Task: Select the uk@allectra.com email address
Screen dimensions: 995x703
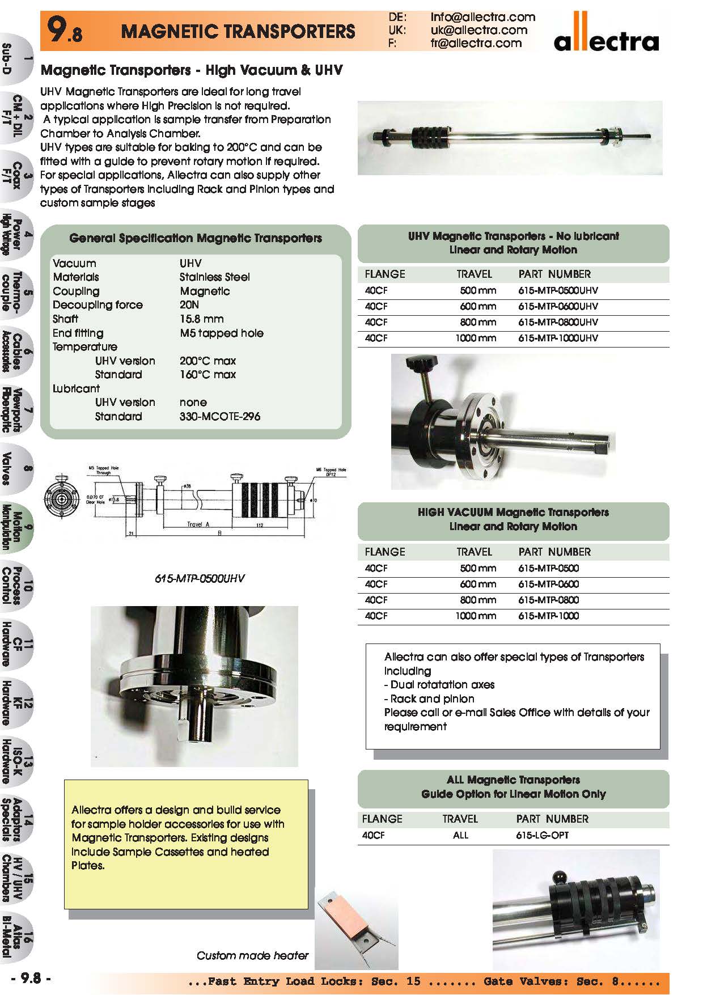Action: (x=478, y=30)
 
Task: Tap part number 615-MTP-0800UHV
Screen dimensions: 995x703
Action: (x=558, y=322)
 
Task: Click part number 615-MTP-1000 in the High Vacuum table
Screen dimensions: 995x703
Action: (x=548, y=616)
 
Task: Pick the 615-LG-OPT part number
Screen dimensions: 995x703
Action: (x=542, y=835)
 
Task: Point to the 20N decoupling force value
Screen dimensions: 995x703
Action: (x=189, y=305)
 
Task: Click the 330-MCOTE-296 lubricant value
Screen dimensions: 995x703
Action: (x=219, y=416)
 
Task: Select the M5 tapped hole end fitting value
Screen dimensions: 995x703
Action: (x=221, y=333)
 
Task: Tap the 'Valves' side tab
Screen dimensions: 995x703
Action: (x=15, y=469)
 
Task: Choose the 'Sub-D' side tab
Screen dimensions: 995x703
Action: (x=15, y=60)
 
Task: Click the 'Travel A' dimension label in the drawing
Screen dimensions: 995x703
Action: (x=198, y=524)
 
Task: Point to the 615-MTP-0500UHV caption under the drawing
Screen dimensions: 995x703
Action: (x=200, y=579)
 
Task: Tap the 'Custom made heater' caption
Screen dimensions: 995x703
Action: (x=252, y=955)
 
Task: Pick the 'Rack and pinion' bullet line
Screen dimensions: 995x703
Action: (x=429, y=698)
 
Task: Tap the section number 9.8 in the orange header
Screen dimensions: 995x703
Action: (x=65, y=31)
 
